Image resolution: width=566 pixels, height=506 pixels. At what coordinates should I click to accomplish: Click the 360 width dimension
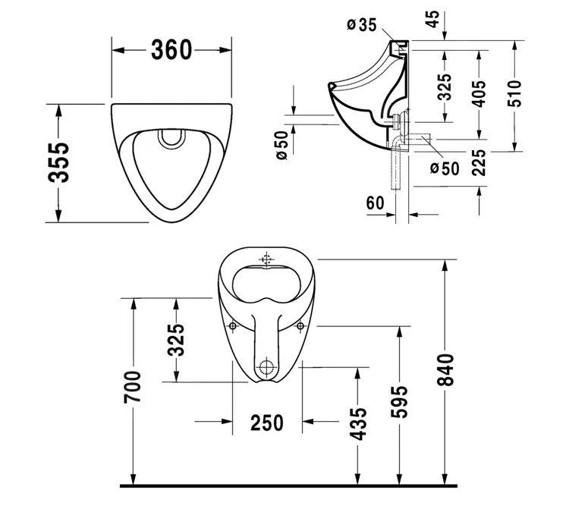171,50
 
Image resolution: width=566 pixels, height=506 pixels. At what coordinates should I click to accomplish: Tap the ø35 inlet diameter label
362,25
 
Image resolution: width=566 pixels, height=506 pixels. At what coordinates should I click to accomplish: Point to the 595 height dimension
401,401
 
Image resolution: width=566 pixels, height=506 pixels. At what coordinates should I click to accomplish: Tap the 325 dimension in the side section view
445,86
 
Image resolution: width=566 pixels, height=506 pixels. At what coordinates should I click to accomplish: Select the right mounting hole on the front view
300,326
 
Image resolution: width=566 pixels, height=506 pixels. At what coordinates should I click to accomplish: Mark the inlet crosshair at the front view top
266,259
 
